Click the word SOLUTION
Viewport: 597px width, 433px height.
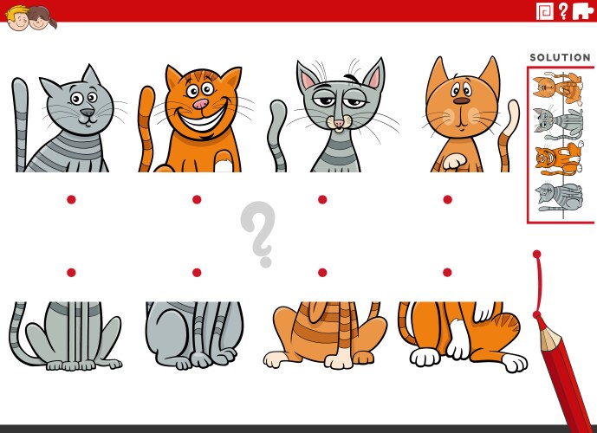pos(560,58)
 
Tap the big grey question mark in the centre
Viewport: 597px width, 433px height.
pos(257,233)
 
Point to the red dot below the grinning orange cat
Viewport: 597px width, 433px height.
pos(197,199)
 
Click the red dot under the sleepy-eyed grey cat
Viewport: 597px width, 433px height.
pos(322,199)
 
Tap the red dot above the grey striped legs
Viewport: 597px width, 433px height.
pos(197,273)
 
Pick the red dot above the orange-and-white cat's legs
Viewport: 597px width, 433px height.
pos(448,273)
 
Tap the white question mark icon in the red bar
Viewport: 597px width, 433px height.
pos(563,10)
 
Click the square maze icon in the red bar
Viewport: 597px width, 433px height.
pos(544,10)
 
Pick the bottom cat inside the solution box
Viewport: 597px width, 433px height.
pos(558,197)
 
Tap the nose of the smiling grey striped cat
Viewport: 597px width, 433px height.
pos(85,112)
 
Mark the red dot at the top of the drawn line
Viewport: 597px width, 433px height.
pos(537,255)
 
